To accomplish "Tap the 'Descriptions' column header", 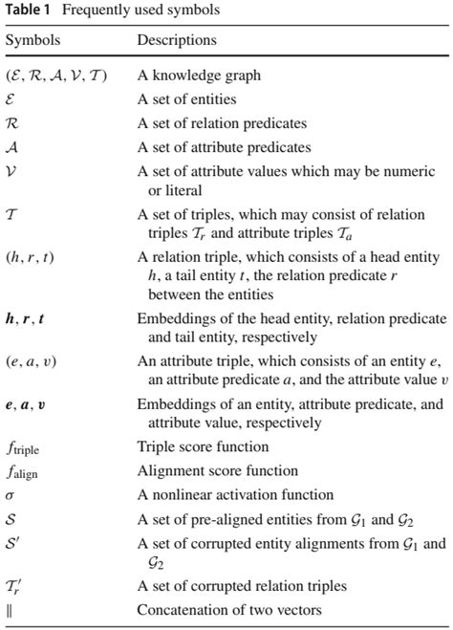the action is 177,41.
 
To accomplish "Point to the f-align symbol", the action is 23,471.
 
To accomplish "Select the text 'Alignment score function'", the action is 218,470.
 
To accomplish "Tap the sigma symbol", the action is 11,495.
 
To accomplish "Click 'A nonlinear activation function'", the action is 235,495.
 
